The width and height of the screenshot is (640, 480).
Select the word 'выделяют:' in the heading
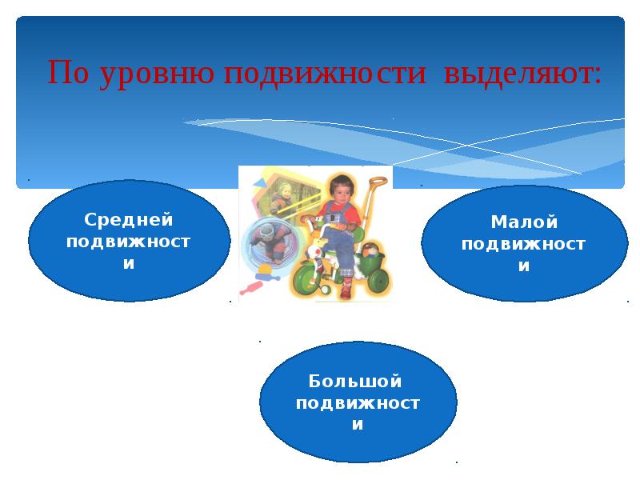point(520,74)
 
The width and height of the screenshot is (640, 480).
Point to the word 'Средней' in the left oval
point(129,220)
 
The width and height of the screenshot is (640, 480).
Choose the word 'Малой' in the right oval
point(524,222)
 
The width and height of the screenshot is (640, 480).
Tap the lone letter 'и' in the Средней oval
point(129,263)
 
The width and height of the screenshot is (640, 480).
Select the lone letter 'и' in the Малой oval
point(524,266)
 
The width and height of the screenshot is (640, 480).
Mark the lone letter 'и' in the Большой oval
point(358,425)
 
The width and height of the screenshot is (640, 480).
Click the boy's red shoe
point(345,290)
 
